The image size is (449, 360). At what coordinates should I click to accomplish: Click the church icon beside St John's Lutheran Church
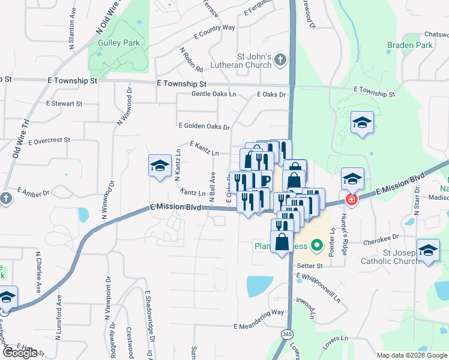[280, 59]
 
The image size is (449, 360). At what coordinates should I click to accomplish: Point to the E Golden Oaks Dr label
[204, 127]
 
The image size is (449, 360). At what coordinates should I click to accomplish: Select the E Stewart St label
[64, 104]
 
